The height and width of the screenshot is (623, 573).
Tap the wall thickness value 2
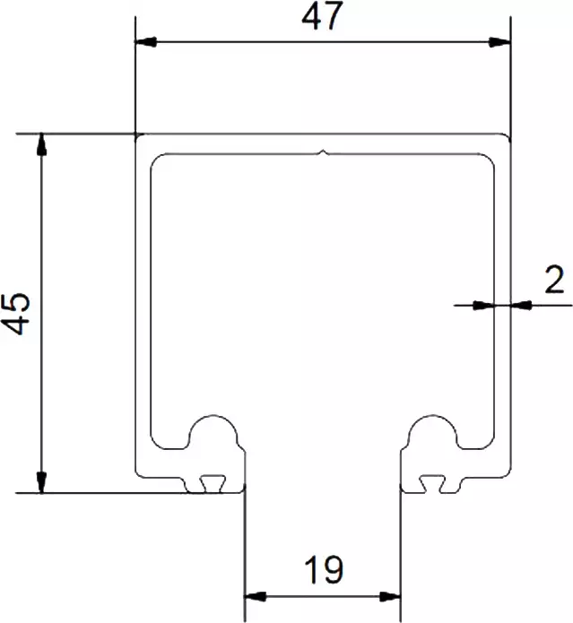coord(553,281)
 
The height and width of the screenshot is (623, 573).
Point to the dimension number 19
coord(323,571)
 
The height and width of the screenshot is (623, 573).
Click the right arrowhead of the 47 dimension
coord(499,41)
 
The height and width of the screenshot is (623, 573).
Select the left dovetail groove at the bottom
coord(213,484)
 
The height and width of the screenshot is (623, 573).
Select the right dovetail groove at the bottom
coord(432,484)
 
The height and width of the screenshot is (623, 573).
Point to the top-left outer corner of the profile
coord(135,136)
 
